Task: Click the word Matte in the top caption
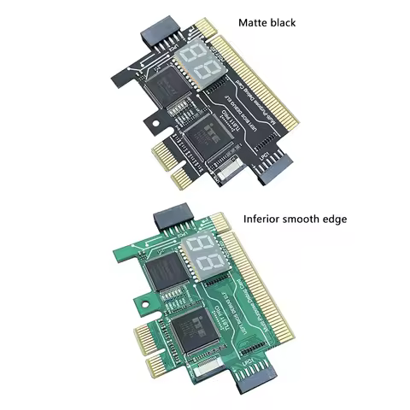pos(253,23)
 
